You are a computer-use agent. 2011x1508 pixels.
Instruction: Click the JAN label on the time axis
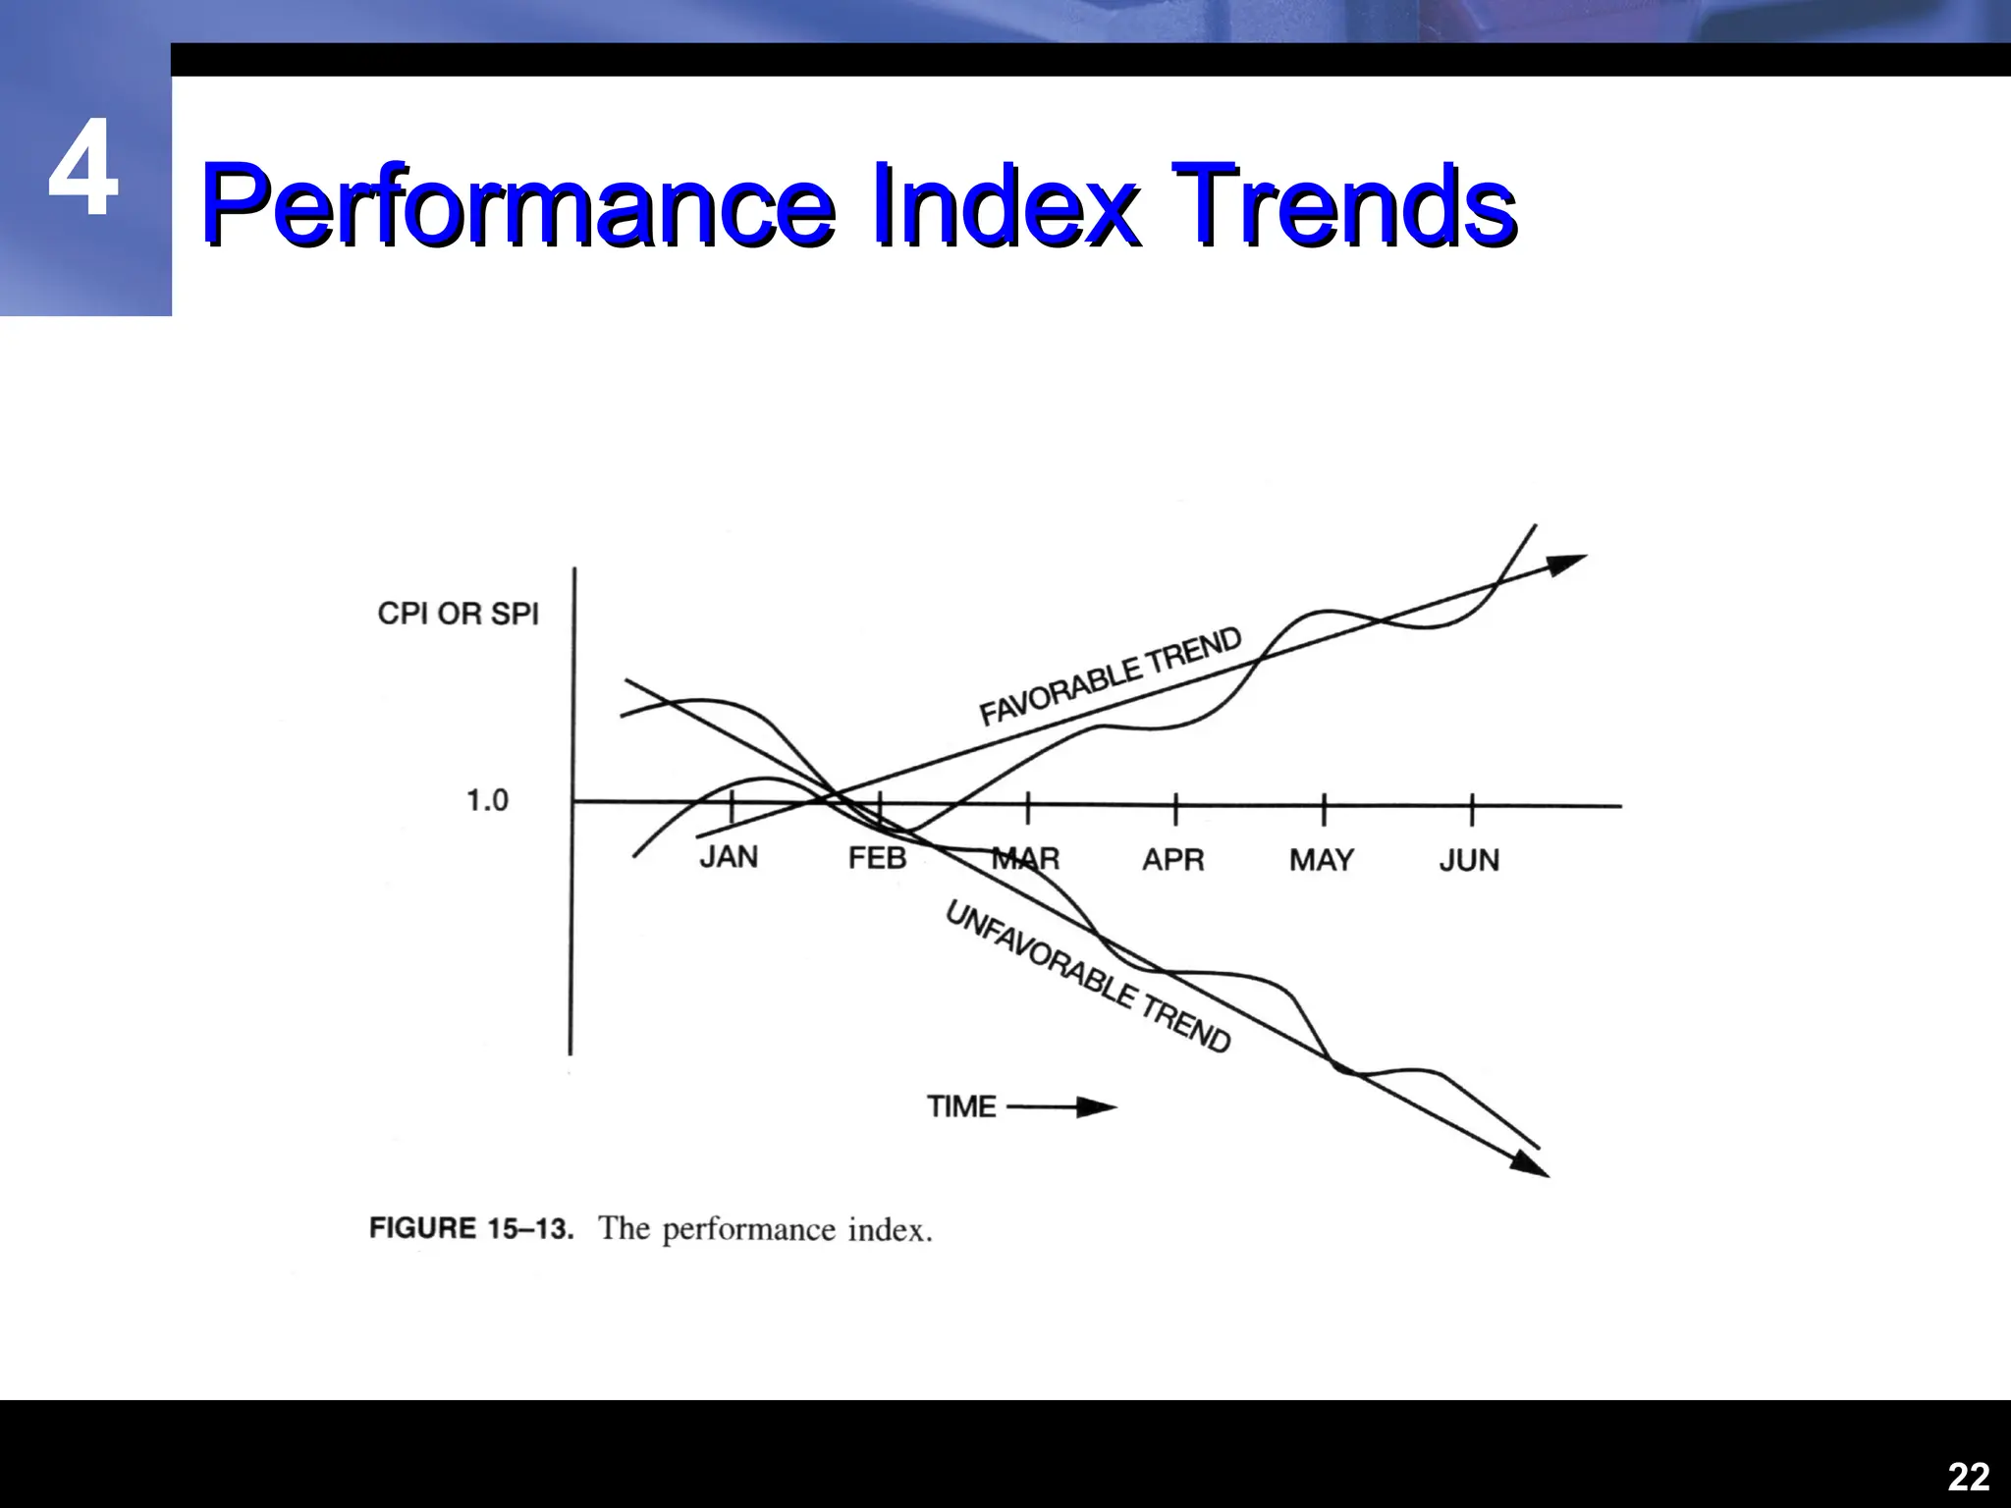729,857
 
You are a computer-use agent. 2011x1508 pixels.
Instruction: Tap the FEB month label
877,858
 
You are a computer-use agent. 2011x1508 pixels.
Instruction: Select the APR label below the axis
1172,860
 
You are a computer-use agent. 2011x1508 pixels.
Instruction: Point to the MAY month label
1321,860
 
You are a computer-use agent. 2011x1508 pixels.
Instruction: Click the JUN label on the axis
1469,861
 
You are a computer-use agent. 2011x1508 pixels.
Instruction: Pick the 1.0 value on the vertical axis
487,800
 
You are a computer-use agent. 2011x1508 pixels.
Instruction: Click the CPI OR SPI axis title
459,614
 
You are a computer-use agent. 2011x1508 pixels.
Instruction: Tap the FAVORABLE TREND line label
1111,676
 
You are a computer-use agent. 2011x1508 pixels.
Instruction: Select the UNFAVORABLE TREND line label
1087,977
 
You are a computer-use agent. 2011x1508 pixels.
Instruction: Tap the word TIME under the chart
961,1106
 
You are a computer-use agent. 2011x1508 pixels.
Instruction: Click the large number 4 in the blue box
83,169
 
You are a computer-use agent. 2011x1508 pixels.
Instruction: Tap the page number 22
1968,1477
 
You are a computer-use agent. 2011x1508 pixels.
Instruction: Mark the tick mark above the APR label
1175,810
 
